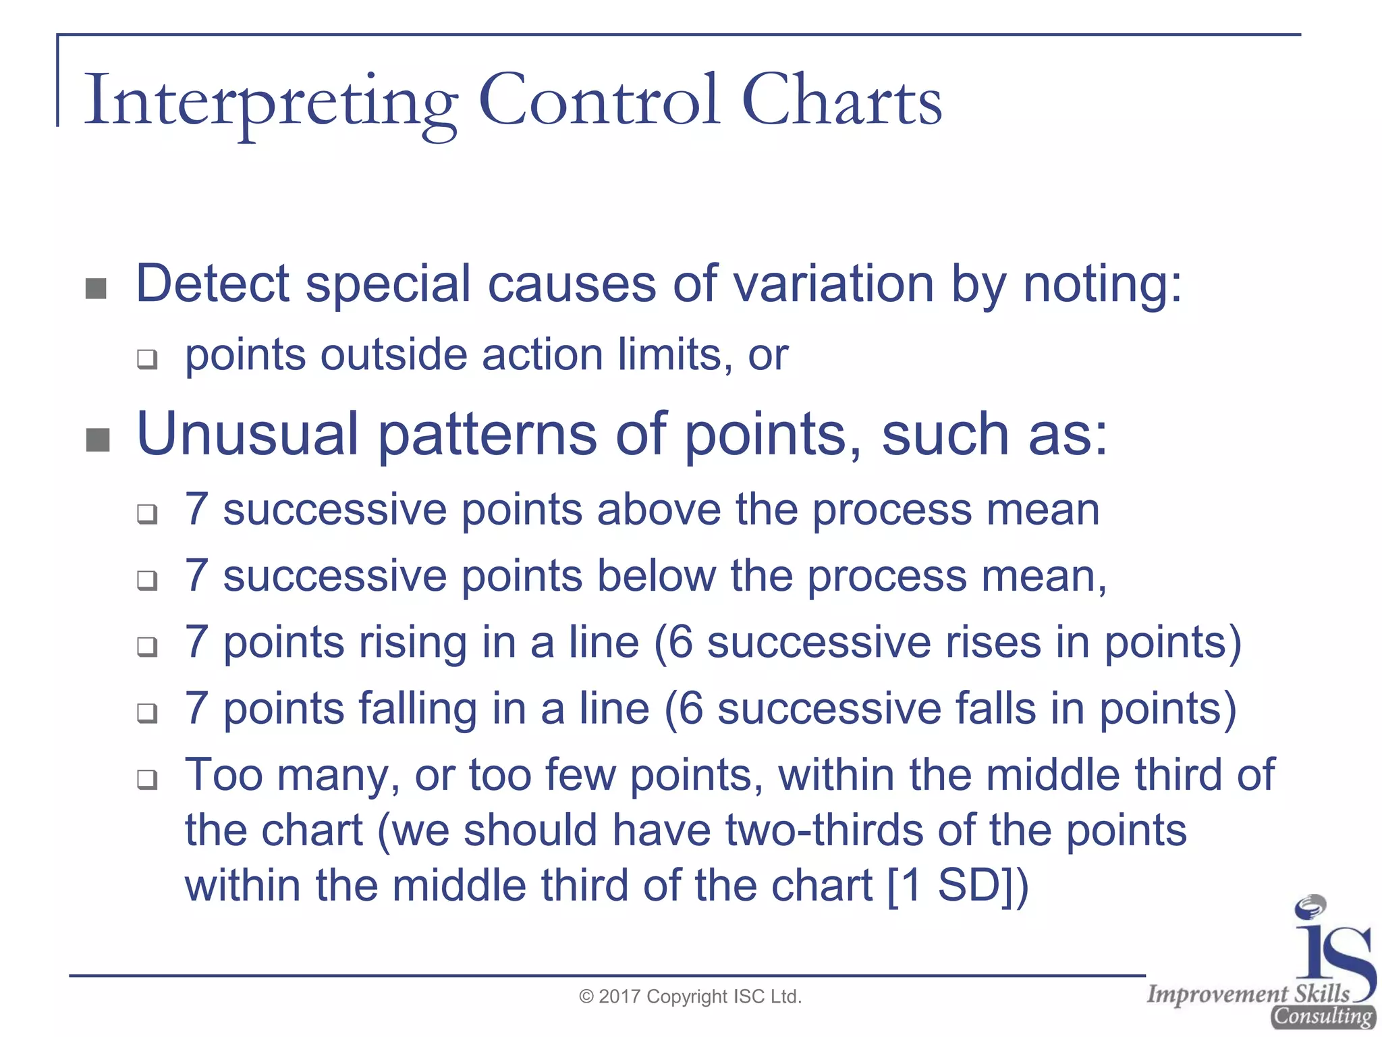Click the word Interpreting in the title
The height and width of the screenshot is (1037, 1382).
(270, 101)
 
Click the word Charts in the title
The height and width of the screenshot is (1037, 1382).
(841, 101)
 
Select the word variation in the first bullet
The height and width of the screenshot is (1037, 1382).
(833, 284)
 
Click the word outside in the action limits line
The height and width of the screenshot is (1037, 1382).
(393, 355)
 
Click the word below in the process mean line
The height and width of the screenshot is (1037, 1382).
(656, 576)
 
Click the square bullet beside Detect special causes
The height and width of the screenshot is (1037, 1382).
(96, 289)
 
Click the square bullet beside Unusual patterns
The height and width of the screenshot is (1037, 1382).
(98, 440)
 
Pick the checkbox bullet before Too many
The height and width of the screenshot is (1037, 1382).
(147, 780)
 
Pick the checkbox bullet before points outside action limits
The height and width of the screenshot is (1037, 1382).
(147, 358)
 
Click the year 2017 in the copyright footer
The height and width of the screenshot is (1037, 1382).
(619, 997)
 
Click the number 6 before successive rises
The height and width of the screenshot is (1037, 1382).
(680, 642)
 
